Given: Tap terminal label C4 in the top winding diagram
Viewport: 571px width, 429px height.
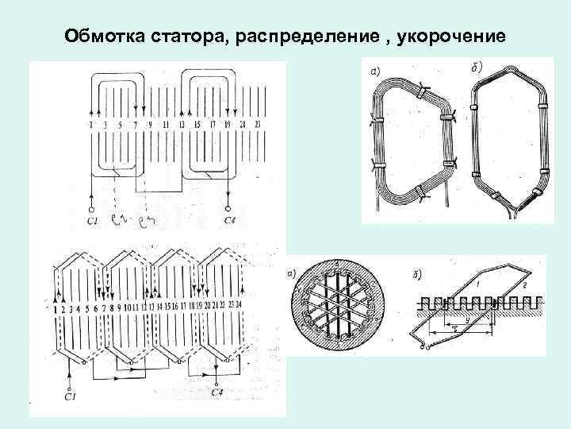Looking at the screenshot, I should (230, 220).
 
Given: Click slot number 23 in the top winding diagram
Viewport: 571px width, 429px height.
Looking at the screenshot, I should (257, 126).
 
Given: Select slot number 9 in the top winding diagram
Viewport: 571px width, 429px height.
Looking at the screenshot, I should (151, 126).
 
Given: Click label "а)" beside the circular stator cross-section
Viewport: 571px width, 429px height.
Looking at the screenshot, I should (292, 275).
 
